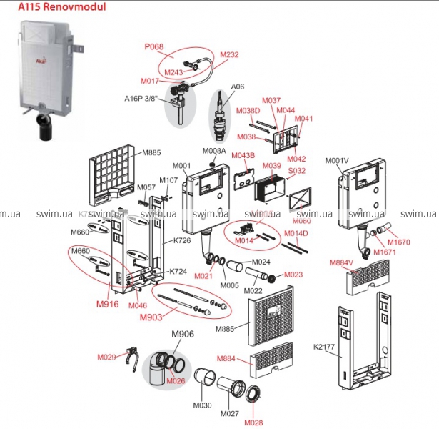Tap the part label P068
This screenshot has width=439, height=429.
pos(154,47)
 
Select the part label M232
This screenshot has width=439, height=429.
pos(228,54)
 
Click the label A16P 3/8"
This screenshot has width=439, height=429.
pos(143,99)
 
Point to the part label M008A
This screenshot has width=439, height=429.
pos(214,151)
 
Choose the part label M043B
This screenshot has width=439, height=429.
pos(243,156)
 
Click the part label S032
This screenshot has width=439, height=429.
pos(296,171)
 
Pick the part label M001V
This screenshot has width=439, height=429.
pos(339,160)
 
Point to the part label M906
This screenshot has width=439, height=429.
pos(182,334)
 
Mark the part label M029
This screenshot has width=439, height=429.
pos(106,356)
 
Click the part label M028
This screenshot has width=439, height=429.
pos(253,423)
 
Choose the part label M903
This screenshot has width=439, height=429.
pos(151,317)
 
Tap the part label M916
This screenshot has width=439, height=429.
pos(107,304)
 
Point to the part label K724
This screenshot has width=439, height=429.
pos(178,272)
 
